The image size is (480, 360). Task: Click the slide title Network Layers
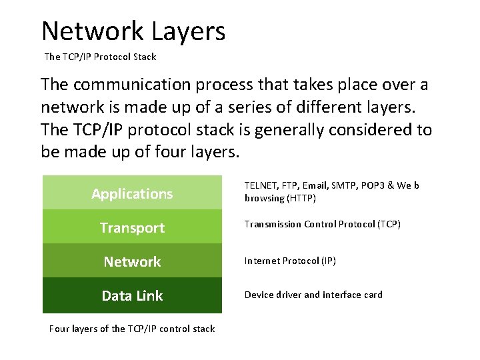(133, 31)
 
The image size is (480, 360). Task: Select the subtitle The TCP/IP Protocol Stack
(100, 57)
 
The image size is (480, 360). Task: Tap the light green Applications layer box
(132, 193)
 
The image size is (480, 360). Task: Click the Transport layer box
(132, 227)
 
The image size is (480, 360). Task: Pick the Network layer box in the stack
(132, 261)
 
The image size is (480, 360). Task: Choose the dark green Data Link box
(132, 295)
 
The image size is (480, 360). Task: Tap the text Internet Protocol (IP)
(290, 261)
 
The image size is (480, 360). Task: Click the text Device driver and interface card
(313, 295)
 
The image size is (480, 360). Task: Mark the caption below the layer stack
(132, 329)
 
